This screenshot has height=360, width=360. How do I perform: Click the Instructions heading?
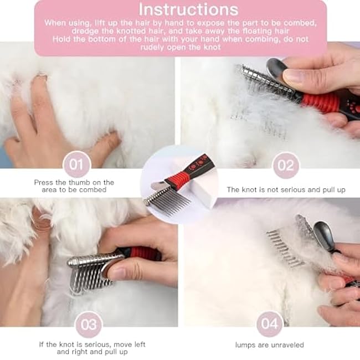[188, 10]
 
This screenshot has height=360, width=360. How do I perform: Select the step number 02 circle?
[286, 164]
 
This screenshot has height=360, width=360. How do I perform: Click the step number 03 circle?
[89, 325]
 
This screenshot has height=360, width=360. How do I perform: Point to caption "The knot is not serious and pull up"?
[286, 189]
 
